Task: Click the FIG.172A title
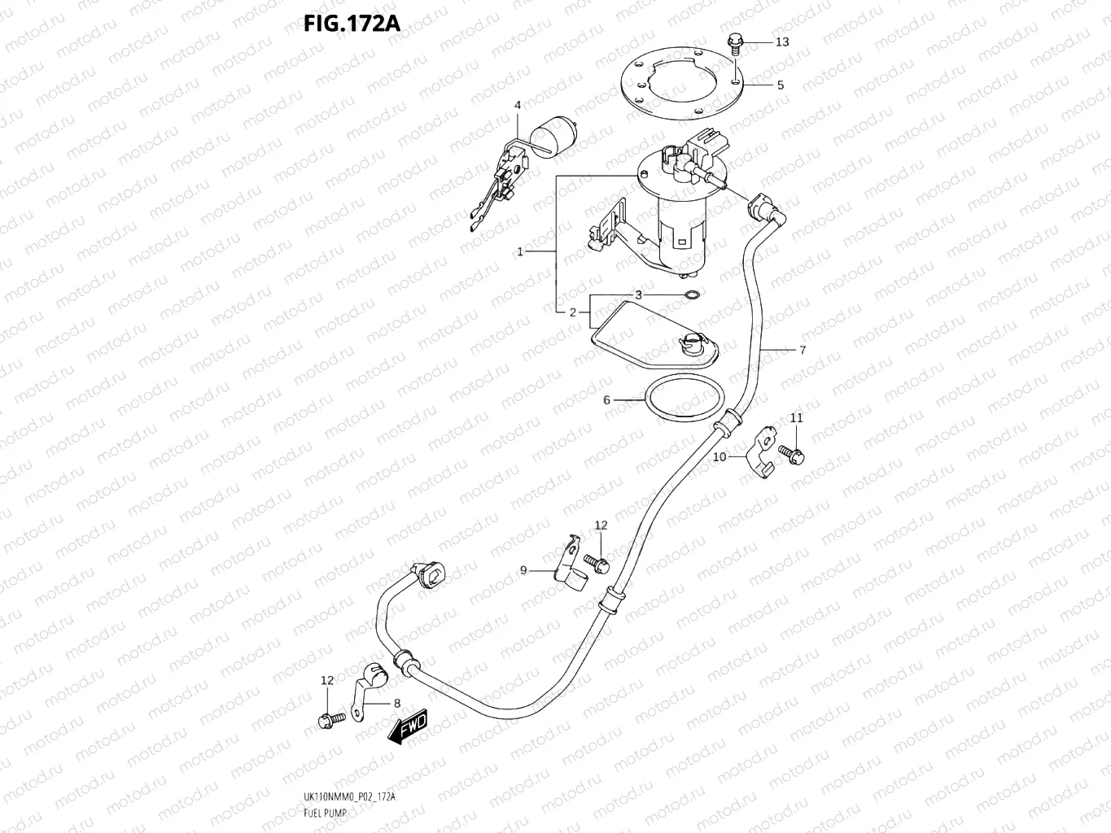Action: click(352, 24)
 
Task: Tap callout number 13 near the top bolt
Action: click(781, 41)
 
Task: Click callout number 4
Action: click(517, 105)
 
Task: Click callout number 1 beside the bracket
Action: click(520, 251)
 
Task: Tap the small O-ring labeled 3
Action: click(690, 294)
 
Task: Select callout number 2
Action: click(573, 312)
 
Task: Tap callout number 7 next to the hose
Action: click(803, 351)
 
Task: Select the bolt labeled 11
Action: click(791, 454)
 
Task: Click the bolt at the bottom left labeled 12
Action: click(326, 720)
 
